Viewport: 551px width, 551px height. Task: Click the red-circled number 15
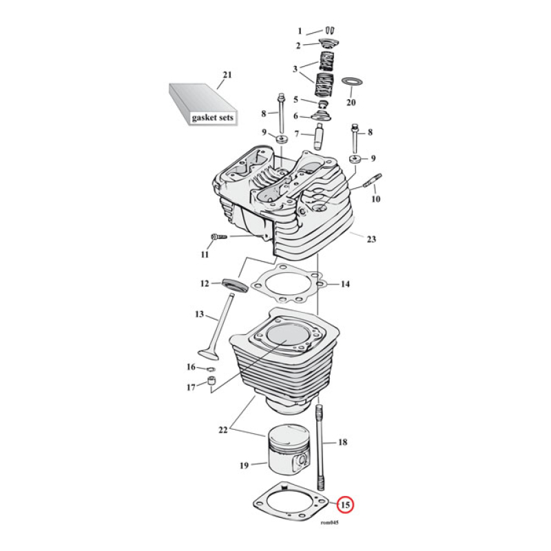[346, 506]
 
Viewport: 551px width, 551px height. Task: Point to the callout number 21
[227, 76]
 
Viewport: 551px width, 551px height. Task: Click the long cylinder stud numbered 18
[321, 448]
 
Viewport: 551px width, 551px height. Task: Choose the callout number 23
[371, 240]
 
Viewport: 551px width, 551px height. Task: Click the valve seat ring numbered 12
[231, 284]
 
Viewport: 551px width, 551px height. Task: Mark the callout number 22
[222, 430]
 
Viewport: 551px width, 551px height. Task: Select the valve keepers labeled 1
[329, 30]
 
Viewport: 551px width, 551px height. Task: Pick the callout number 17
[191, 388]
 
